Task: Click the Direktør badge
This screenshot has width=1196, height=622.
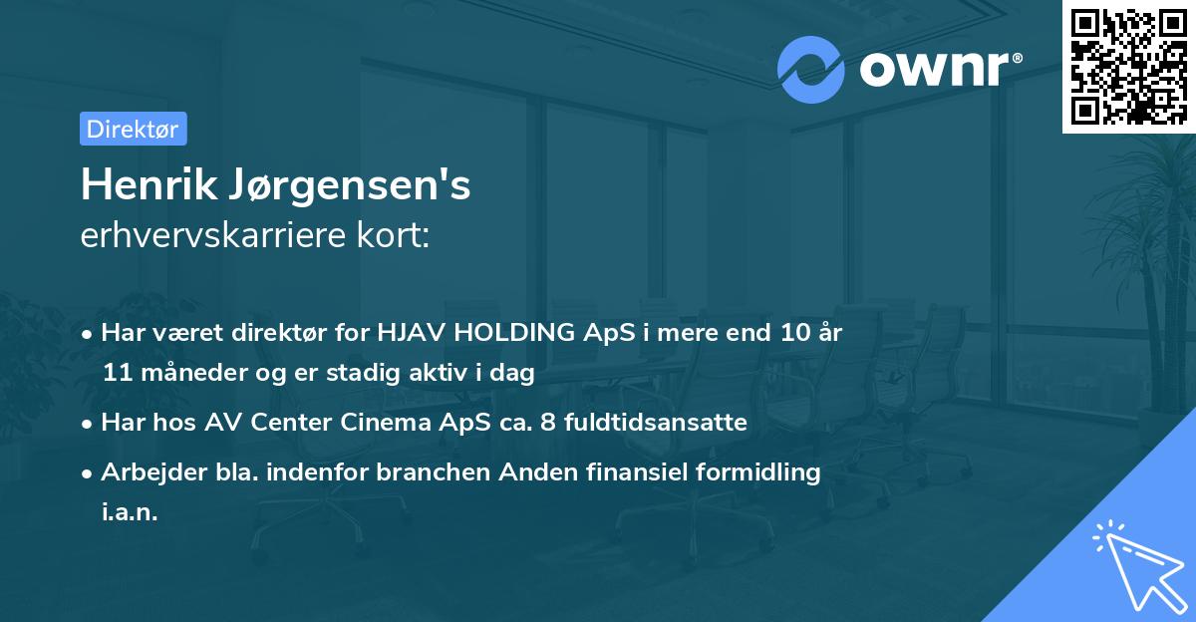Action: [133, 129]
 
